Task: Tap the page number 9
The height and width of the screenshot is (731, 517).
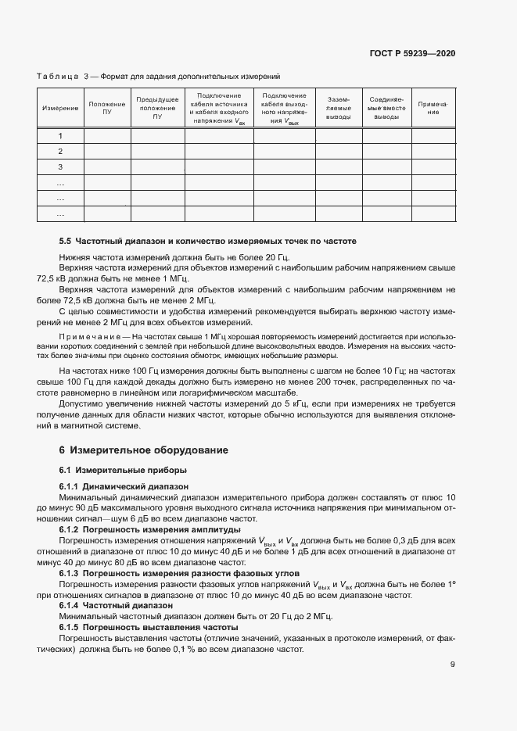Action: (453, 665)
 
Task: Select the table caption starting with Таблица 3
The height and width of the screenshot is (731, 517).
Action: (158, 76)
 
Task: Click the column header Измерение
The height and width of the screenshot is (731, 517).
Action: (60, 108)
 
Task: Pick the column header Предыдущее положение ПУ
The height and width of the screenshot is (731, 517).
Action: (157, 108)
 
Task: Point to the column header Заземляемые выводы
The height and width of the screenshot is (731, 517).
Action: (338, 108)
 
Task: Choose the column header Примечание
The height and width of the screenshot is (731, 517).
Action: (433, 108)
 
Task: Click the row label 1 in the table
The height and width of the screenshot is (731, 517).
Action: (60, 136)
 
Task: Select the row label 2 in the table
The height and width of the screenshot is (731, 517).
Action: (60, 152)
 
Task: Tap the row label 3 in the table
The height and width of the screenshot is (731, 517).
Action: (60, 167)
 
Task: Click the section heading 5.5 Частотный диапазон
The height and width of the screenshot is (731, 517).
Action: (208, 242)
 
